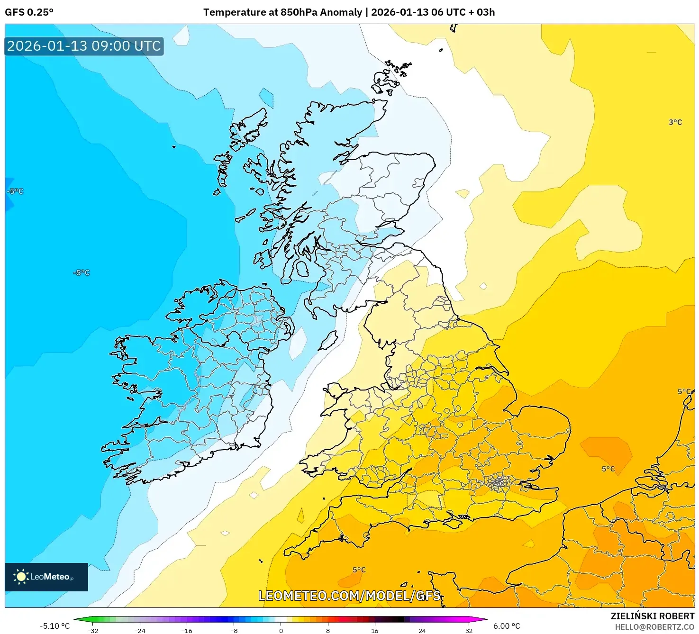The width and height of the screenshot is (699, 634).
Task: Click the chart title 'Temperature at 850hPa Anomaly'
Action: pyautogui.click(x=282, y=12)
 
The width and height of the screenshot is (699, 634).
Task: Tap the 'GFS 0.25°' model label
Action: pyautogui.click(x=29, y=12)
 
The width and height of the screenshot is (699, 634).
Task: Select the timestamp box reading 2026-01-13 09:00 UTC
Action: pyautogui.click(x=84, y=46)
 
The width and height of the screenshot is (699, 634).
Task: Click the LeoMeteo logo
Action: pyautogui.click(x=46, y=577)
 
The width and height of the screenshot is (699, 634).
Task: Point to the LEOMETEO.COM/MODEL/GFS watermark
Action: pyautogui.click(x=349, y=596)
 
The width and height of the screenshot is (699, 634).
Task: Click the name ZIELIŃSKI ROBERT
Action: pyautogui.click(x=652, y=616)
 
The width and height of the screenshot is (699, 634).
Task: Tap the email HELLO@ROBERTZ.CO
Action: pyautogui.click(x=654, y=627)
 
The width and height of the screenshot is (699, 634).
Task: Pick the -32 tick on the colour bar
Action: pyautogui.click(x=93, y=630)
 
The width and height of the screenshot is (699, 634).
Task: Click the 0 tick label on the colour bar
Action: pyautogui.click(x=281, y=630)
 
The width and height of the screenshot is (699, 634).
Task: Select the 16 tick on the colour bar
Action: pyautogui.click(x=374, y=630)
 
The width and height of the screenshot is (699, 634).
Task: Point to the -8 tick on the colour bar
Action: pyautogui.click(x=234, y=630)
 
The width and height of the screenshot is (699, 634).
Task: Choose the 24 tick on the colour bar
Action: pyautogui.click(x=422, y=630)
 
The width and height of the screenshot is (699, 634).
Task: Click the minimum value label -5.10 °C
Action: pyautogui.click(x=54, y=626)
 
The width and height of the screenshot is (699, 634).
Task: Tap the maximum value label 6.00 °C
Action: pyautogui.click(x=507, y=626)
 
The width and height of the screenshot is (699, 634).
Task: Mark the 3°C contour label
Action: pyautogui.click(x=675, y=122)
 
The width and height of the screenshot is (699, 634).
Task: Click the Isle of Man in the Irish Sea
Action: pyautogui.click(x=328, y=340)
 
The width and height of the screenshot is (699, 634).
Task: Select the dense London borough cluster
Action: pyautogui.click(x=498, y=483)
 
